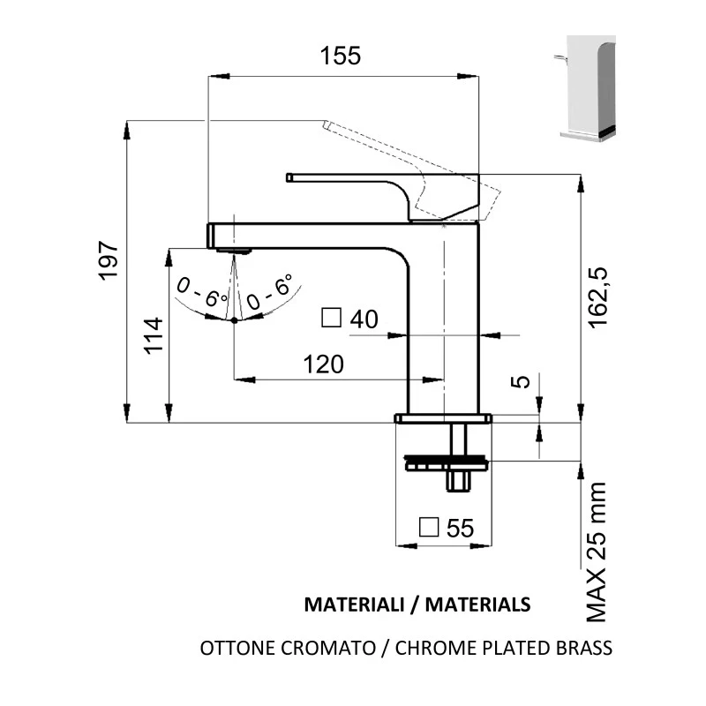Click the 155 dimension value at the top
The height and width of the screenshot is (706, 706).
[341, 55]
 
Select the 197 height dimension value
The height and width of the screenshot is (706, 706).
[108, 260]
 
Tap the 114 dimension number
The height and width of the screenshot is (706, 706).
[154, 336]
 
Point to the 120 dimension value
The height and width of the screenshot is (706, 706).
[324, 364]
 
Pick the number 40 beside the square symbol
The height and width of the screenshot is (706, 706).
[364, 319]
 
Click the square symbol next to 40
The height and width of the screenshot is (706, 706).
[331, 318]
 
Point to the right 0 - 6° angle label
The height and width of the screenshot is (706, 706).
[268, 293]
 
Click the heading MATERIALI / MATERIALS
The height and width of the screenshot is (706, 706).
[417, 605]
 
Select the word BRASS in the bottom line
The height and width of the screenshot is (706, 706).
[584, 649]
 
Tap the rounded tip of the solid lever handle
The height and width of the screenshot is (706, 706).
[289, 177]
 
